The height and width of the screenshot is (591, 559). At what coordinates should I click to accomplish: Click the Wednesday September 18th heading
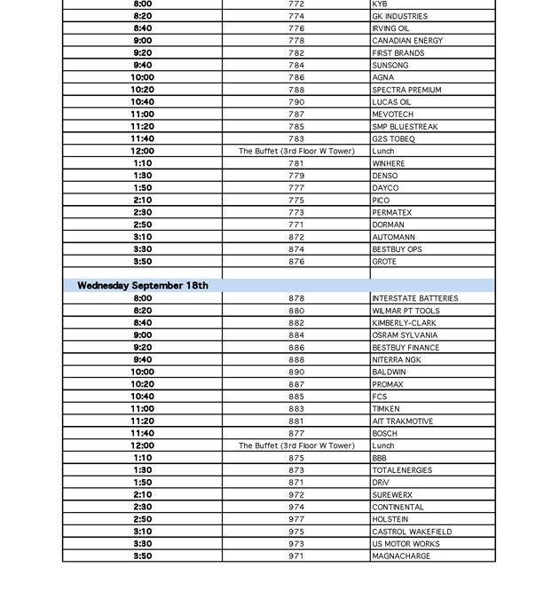(x=143, y=286)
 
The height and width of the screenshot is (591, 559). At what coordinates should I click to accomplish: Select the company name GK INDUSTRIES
(x=399, y=16)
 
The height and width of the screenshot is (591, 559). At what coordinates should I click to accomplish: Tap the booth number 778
(x=296, y=41)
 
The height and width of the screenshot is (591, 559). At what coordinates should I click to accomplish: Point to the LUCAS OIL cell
(x=391, y=102)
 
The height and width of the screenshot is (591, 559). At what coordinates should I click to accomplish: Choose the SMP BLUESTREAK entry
(x=405, y=127)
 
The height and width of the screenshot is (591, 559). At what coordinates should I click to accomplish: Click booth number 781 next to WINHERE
(x=296, y=163)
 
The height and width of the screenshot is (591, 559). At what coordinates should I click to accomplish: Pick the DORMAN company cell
(x=388, y=225)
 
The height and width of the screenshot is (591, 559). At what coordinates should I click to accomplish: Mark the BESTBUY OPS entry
(x=397, y=249)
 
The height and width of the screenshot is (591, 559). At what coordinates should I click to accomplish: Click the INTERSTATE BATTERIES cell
(x=414, y=299)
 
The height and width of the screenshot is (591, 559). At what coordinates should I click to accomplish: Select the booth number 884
(x=296, y=335)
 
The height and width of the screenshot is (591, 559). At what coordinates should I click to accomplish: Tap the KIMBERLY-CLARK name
(x=404, y=323)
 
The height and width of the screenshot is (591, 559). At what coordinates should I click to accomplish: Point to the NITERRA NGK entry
(x=397, y=360)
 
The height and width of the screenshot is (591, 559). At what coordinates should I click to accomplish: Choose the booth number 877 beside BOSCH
(x=296, y=434)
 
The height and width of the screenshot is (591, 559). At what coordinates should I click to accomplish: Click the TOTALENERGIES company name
(x=402, y=470)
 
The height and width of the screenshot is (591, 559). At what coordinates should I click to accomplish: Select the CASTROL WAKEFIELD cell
(x=412, y=532)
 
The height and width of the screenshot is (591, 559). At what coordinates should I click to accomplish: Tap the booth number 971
(x=296, y=556)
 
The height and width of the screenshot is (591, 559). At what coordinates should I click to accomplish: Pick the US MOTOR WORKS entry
(x=405, y=544)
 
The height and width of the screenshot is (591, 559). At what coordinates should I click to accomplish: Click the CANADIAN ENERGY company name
(x=407, y=41)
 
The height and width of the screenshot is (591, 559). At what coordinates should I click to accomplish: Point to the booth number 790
(x=296, y=102)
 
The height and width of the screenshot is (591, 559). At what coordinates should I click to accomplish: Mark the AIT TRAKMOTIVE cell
(x=402, y=422)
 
